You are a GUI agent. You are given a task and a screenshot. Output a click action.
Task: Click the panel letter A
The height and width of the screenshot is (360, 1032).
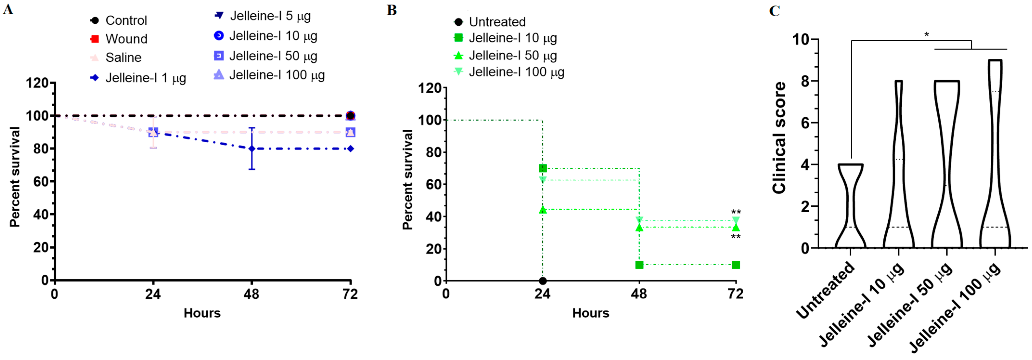8,9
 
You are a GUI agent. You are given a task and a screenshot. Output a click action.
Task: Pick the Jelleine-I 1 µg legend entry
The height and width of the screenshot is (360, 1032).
138,78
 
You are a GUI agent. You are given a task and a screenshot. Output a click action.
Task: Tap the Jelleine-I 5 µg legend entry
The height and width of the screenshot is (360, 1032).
263,16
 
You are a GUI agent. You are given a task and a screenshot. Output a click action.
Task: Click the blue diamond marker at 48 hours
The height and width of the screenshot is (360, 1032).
252,149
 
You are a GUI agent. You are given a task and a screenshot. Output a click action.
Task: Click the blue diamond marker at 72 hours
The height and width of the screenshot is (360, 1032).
350,149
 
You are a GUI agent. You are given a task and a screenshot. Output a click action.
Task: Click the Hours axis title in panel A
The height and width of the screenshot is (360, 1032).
202,313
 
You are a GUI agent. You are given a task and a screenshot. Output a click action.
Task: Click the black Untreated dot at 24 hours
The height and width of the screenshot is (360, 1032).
542,281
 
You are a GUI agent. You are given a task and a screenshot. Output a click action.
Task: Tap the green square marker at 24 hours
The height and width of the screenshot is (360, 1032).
542,168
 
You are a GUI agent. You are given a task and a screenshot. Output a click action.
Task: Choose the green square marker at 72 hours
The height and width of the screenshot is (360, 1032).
736,265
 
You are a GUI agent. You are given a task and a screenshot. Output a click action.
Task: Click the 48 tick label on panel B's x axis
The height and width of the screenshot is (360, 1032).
639,294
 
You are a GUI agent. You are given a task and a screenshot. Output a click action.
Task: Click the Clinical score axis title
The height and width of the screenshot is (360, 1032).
778,138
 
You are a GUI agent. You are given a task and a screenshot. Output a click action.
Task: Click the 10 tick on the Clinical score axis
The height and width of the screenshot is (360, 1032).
800,40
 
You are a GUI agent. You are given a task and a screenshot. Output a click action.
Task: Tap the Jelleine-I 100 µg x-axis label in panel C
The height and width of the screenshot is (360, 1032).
956,308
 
